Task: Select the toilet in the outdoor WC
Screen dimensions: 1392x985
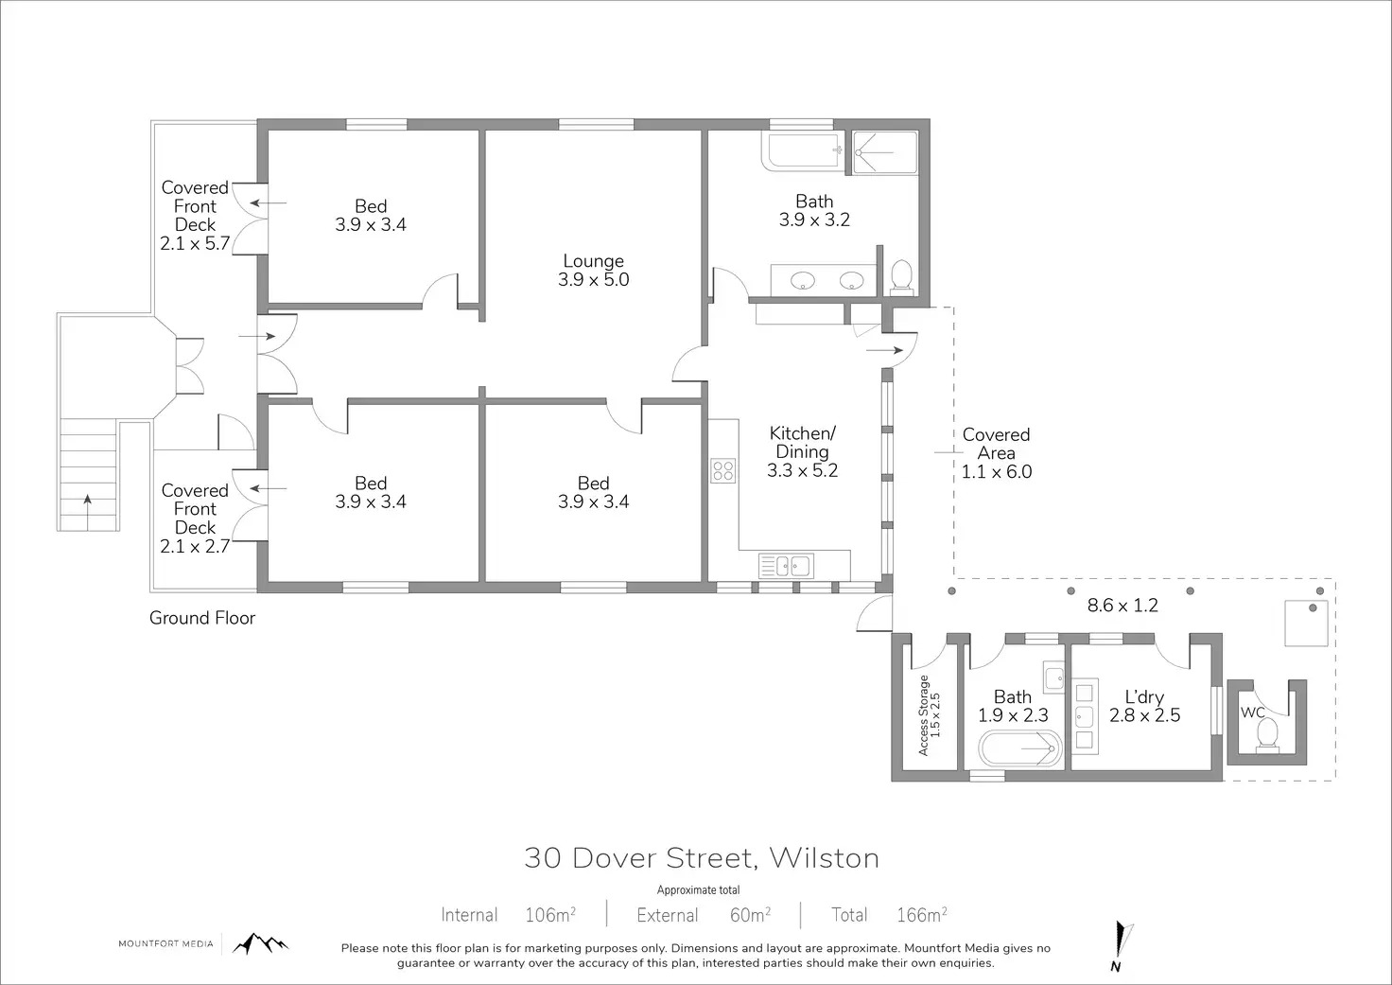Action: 1267,732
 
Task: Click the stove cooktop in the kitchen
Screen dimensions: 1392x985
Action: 722,470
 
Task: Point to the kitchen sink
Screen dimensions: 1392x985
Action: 786,566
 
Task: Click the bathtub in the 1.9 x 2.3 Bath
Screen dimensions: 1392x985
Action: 1019,748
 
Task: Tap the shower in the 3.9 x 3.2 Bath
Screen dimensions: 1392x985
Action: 885,152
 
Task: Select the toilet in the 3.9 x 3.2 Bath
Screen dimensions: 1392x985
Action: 902,277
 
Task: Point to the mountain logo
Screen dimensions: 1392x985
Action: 260,943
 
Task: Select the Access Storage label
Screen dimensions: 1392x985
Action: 929,715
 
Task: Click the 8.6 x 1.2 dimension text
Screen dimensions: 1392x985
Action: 1122,605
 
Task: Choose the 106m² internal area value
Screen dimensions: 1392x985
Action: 550,915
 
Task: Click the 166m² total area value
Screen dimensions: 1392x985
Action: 922,915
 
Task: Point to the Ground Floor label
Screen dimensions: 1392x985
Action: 202,618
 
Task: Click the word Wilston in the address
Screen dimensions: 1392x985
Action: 824,858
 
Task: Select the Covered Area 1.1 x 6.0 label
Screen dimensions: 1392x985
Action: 997,452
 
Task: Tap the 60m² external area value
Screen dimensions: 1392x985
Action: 751,915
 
